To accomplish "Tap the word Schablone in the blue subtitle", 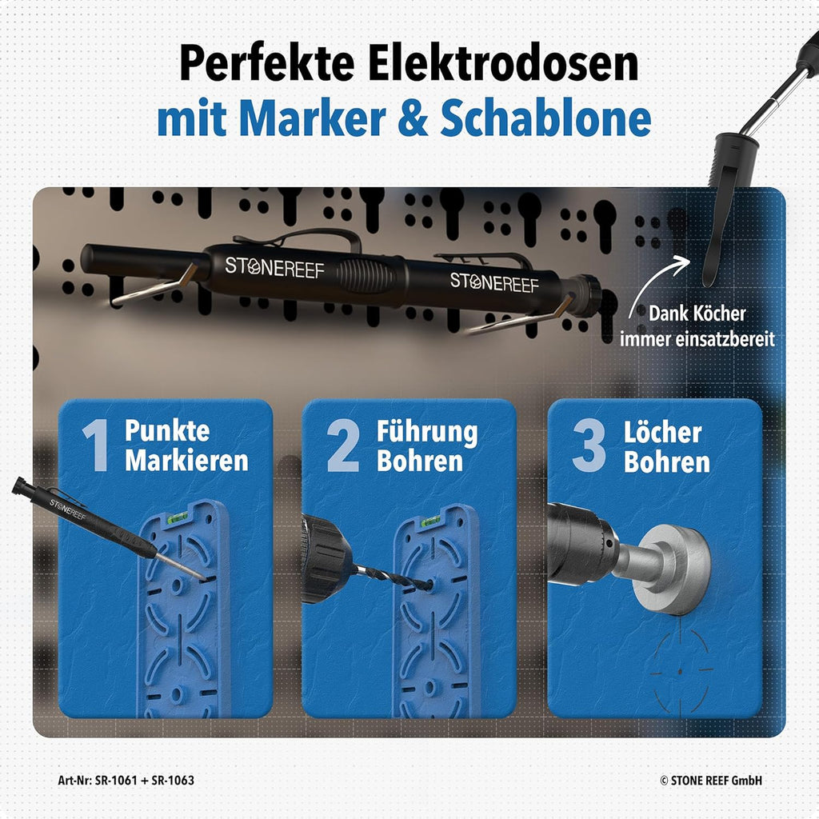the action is coord(545,118).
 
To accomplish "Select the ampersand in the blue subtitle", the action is coord(412,119).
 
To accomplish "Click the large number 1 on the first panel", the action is coord(96,445).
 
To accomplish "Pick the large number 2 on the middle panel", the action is coord(343,445).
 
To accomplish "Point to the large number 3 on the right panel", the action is coord(589,445).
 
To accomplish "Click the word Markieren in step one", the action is coord(186,461).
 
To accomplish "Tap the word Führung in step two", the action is coord(427,432).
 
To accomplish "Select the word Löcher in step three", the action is coord(662,432).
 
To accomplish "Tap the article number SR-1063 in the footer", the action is coord(173,781).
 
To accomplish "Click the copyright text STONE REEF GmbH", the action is coord(716,781).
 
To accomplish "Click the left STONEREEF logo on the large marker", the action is coord(274,267).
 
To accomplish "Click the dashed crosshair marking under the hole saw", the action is coord(680,669).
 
